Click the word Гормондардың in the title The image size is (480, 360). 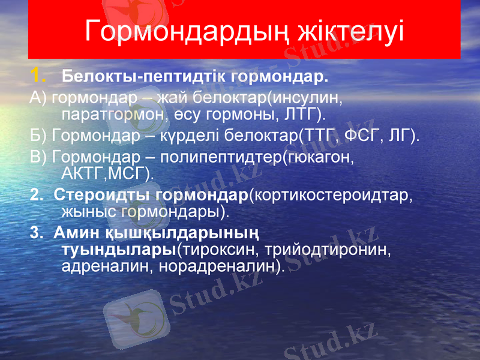click(186, 31)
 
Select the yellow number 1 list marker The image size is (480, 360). click(38, 76)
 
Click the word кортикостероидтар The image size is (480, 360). click(330, 195)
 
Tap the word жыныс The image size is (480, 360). click(89, 211)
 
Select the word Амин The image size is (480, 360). click(72, 233)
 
